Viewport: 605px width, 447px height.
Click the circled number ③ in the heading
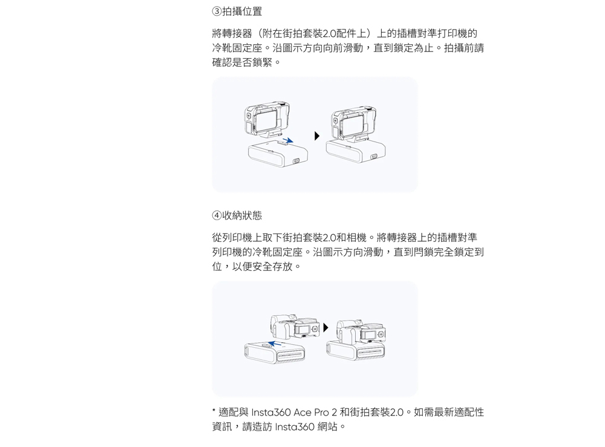point(217,11)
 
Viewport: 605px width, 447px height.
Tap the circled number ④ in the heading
point(217,215)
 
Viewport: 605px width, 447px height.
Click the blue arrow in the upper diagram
point(287,140)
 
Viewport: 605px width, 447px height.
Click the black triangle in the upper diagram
point(316,136)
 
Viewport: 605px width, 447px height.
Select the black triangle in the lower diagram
point(325,328)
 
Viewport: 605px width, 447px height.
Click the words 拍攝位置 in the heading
point(243,11)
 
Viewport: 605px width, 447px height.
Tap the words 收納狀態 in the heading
point(243,215)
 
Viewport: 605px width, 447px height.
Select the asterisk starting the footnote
point(214,411)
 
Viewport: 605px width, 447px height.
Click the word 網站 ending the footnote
point(329,427)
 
